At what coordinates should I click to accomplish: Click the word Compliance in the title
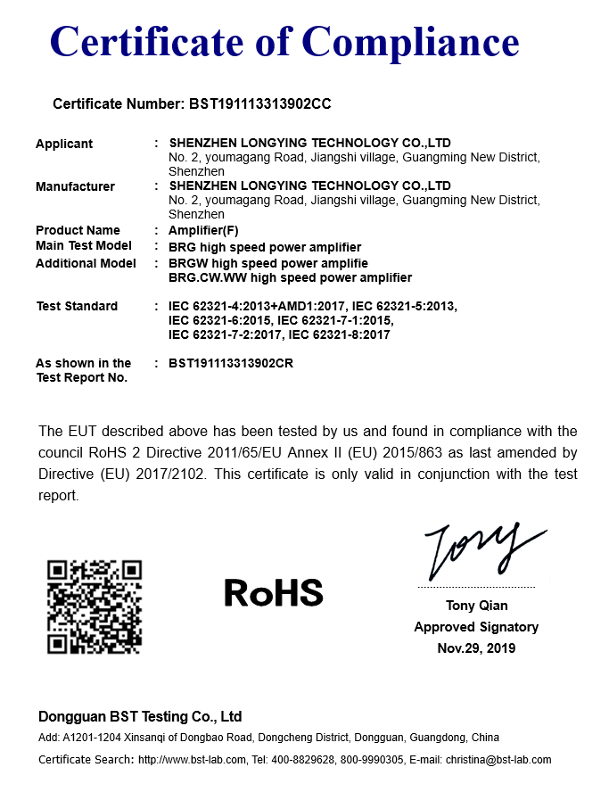[x=409, y=41]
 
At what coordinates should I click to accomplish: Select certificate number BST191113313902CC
[x=260, y=103]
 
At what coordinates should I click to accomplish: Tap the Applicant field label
[x=64, y=144]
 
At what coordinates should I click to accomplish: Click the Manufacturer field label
[x=75, y=186]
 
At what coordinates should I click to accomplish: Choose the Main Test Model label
[x=84, y=245]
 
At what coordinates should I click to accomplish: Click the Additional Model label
[x=86, y=263]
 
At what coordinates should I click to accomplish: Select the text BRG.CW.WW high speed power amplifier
[x=290, y=277]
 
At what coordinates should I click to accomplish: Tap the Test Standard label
[x=77, y=306]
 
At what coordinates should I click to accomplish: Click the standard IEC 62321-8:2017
[x=340, y=334]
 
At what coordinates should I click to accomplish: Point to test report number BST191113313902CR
[x=231, y=363]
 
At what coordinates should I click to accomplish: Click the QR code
[x=95, y=606]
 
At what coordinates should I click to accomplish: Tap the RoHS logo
[x=273, y=592]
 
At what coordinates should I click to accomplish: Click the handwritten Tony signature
[x=481, y=549]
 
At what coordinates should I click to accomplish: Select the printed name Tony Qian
[x=476, y=606]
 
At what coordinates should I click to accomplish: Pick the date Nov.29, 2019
[x=476, y=648]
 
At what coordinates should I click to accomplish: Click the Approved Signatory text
[x=476, y=627]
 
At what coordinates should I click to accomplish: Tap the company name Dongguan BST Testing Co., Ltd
[x=140, y=717]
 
